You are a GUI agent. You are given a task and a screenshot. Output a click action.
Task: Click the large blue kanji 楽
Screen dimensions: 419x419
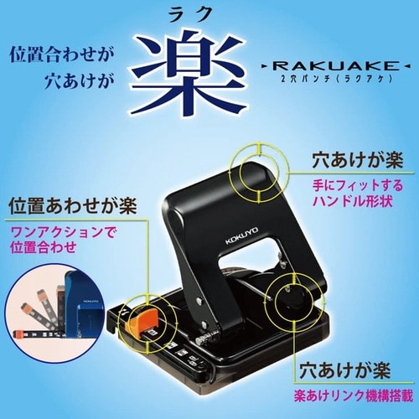click(190, 73)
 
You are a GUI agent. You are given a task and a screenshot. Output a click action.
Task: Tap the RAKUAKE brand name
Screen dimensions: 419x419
click(335, 66)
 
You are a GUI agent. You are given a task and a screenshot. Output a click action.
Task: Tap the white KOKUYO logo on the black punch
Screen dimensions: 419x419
click(242, 235)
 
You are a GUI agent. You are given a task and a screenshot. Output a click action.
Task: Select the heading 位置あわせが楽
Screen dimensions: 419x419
click(73, 207)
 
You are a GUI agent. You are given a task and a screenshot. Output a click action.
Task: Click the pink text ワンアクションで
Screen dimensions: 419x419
click(62, 232)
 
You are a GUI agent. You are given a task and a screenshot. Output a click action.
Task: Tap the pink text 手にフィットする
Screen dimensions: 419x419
click(358, 185)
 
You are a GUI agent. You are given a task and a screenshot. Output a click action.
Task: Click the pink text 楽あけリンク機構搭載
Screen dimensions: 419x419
click(353, 396)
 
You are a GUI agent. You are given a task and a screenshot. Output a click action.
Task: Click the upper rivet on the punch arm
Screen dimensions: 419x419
click(199, 301)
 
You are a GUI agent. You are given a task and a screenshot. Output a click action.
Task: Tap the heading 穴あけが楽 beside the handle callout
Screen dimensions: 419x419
click(358, 160)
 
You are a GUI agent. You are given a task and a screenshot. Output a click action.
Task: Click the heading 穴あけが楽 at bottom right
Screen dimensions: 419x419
click(344, 370)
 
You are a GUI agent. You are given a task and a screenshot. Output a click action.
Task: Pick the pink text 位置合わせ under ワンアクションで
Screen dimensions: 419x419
click(44, 247)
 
